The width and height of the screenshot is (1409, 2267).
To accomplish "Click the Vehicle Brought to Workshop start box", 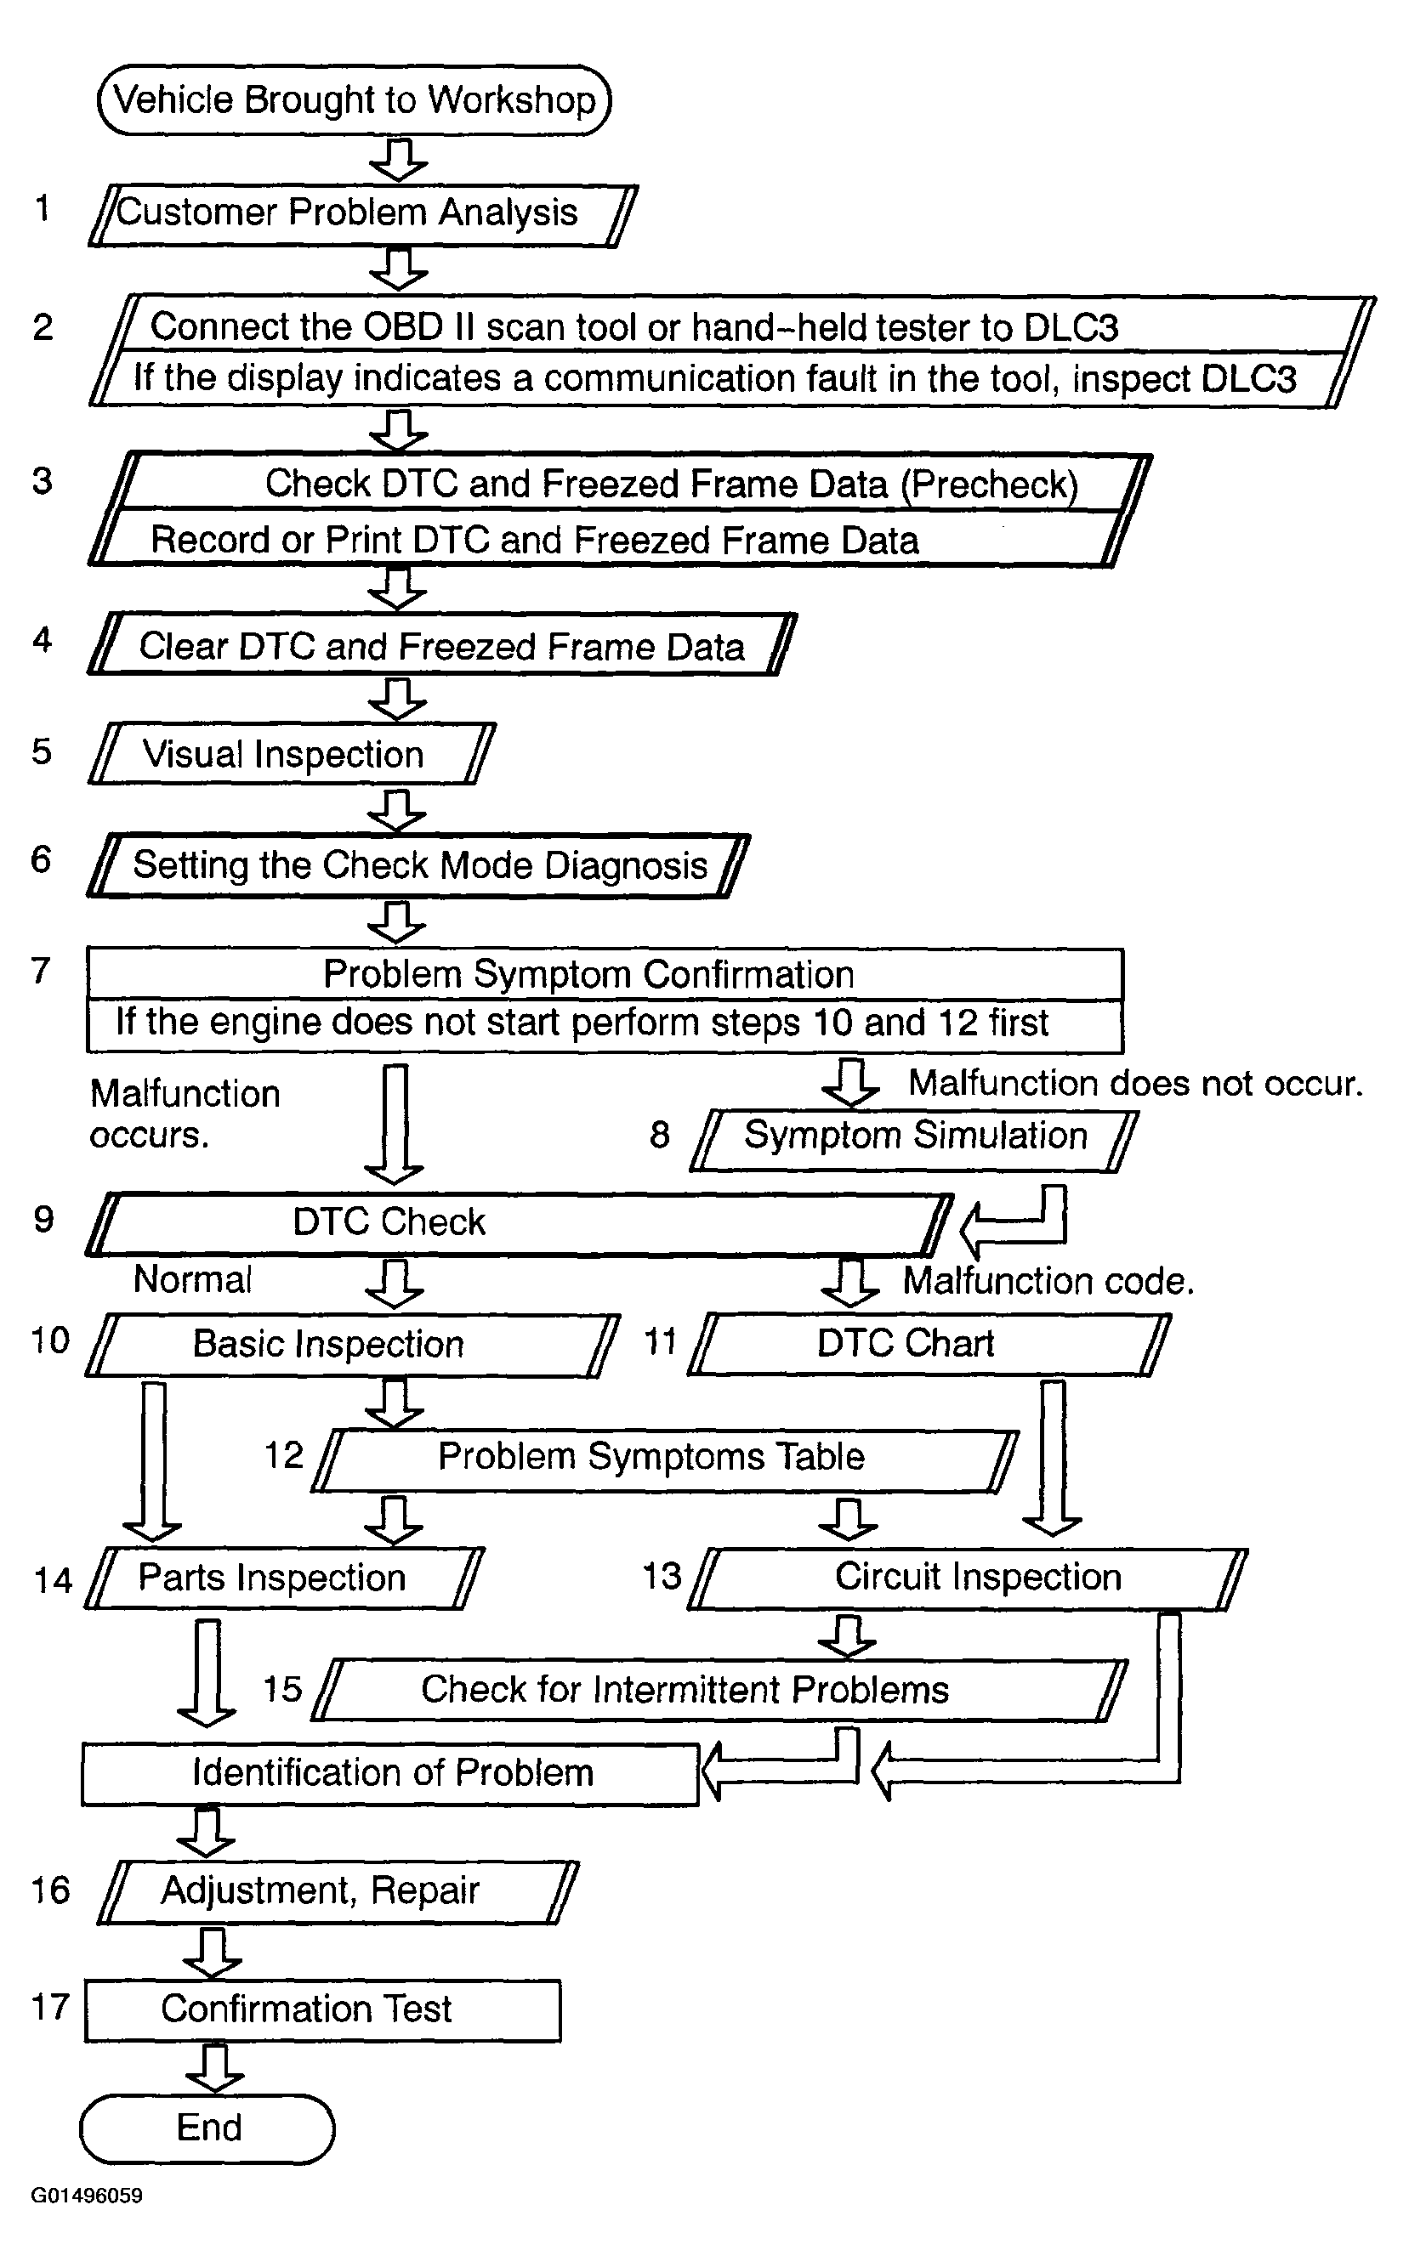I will point(354,100).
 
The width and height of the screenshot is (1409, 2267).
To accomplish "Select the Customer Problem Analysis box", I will point(363,214).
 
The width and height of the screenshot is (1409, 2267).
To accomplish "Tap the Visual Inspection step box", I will point(291,753).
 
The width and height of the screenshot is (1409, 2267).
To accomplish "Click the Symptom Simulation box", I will point(914,1137).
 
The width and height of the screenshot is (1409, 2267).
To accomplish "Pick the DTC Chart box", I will point(929,1344).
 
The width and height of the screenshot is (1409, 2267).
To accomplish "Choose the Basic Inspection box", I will point(352,1345).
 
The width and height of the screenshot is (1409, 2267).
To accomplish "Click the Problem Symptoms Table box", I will point(664,1458).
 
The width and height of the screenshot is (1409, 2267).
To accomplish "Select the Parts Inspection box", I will point(285,1578).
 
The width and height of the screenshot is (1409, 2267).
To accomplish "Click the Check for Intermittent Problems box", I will point(719,1690).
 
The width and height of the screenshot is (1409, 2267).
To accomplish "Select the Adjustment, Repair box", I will point(338,1891).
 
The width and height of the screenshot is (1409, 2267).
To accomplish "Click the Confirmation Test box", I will point(322,2010).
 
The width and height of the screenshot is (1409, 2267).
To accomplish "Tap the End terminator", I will point(207,2128).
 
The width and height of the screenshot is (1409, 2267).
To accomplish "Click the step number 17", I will point(50,2007).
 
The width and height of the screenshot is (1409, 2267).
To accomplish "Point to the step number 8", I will point(660,1136).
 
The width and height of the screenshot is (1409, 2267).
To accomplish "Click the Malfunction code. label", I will point(1048,1282).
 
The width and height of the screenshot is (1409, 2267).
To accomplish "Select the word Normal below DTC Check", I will point(193,1280).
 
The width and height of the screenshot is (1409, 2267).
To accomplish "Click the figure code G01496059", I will point(87,2196).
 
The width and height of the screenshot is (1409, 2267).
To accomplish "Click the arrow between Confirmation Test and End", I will point(214,2069).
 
